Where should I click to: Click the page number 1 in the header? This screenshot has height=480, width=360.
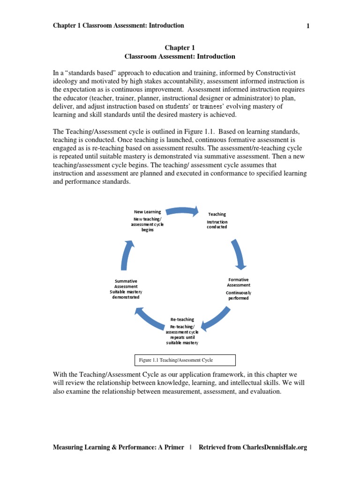pyautogui.click(x=308, y=26)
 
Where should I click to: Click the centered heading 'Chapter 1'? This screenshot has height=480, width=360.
pyautogui.click(x=180, y=48)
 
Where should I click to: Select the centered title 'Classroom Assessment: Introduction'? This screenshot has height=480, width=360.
pyautogui.click(x=180, y=57)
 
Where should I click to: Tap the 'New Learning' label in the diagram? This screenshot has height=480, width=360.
pyautogui.click(x=147, y=212)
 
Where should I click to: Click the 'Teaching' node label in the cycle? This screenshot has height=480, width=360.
pyautogui.click(x=217, y=214)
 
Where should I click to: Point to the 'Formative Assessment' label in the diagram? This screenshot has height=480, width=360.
pyautogui.click(x=239, y=282)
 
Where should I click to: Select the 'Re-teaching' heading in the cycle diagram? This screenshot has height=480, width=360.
pyautogui.click(x=182, y=319)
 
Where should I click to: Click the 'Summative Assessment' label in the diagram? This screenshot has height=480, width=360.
pyautogui.click(x=126, y=284)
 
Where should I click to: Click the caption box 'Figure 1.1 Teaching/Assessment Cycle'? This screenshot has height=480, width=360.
pyautogui.click(x=185, y=360)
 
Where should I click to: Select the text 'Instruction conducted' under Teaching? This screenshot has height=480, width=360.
pyautogui.click(x=217, y=225)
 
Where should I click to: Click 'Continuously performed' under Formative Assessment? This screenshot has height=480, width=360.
pyautogui.click(x=239, y=295)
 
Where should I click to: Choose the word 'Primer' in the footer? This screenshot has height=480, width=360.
pyautogui.click(x=173, y=447)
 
